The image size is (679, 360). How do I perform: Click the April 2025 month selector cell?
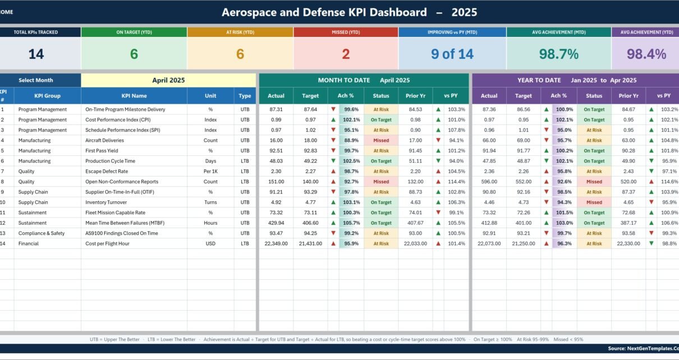click(168, 80)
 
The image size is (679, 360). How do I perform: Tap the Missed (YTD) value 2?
click(346, 54)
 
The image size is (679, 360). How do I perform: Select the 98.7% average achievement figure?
click(559, 54)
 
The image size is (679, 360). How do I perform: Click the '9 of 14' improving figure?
click(452, 54)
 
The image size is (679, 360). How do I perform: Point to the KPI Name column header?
click(134, 96)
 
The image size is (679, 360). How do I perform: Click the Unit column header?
click(210, 96)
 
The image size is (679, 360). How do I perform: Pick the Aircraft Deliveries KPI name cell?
click(104, 140)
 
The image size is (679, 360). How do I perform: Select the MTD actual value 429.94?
click(276, 223)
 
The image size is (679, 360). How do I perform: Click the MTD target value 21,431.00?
click(310, 243)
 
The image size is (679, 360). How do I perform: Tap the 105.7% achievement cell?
click(351, 223)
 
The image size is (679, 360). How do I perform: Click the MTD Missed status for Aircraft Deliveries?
click(381, 140)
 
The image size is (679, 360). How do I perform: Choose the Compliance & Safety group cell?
click(41, 233)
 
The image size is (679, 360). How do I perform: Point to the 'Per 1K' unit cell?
click(210, 171)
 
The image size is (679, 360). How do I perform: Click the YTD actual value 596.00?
click(489, 182)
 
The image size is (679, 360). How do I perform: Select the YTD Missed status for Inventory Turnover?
click(594, 202)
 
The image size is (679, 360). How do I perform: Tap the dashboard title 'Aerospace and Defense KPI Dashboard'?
click(324, 12)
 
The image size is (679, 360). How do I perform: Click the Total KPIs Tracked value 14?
click(36, 54)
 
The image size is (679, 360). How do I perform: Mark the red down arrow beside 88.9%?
click(333, 140)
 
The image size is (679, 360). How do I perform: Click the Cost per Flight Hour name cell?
click(107, 243)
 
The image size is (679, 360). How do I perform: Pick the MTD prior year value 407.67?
click(415, 223)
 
